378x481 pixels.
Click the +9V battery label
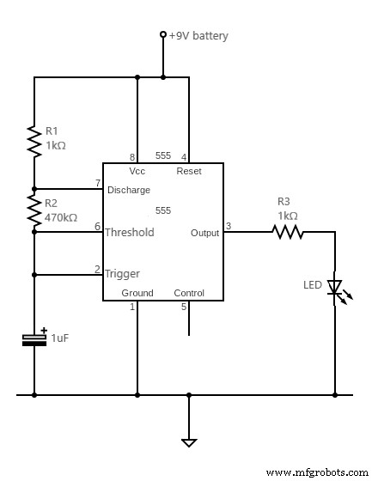click(x=198, y=35)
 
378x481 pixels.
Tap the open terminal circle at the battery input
click(x=163, y=35)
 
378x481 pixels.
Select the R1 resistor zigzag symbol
click(x=34, y=141)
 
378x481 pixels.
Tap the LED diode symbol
click(x=335, y=288)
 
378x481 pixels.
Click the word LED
click(x=314, y=284)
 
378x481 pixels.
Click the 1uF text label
click(x=60, y=338)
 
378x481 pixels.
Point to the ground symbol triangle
click(x=189, y=442)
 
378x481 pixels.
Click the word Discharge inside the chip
click(x=128, y=190)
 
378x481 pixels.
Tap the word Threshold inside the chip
click(x=130, y=232)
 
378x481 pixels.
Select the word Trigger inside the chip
click(x=123, y=274)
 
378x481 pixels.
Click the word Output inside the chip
click(x=204, y=233)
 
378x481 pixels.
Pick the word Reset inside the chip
click(x=189, y=172)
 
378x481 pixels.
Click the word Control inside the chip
click(x=189, y=293)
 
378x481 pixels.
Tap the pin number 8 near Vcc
click(x=132, y=156)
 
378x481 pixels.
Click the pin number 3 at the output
click(x=228, y=226)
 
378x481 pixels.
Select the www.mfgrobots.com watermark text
click(x=317, y=472)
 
